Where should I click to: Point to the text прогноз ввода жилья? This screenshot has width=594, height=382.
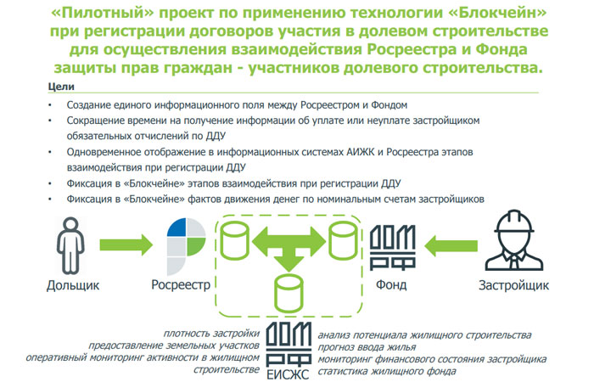pyautogui.click(x=366, y=347)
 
